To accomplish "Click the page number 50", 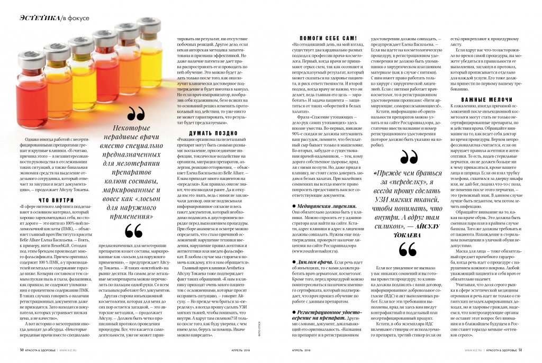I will [x=22, y=350].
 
